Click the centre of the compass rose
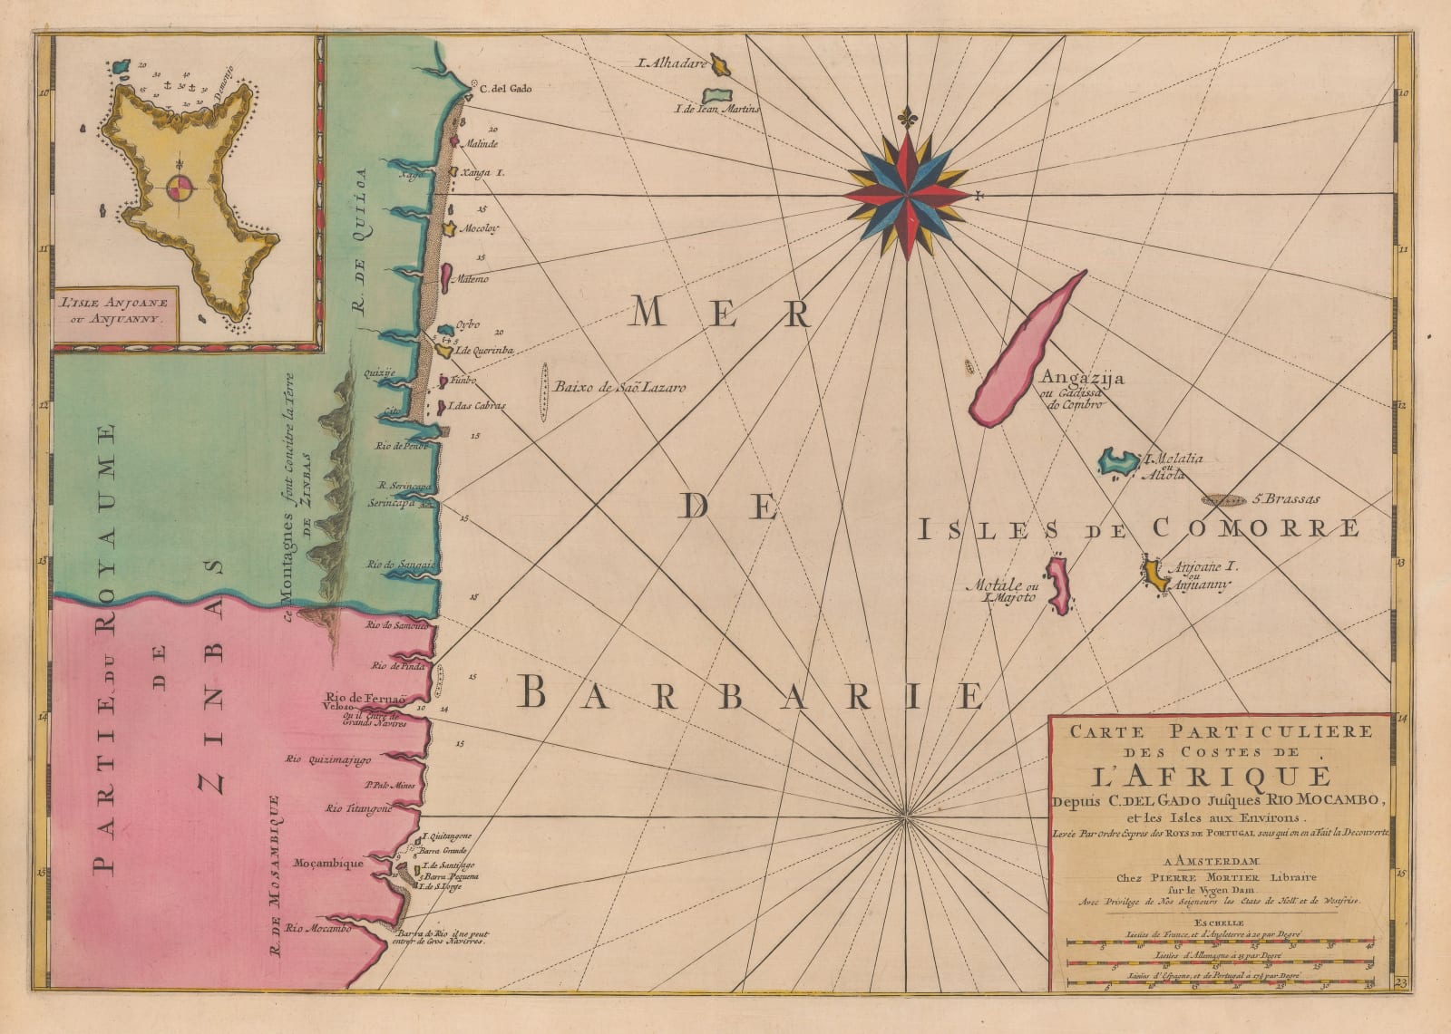tap(907, 192)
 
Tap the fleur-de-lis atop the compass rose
tap(906, 118)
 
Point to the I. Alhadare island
tap(722, 64)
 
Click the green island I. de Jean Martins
tap(717, 95)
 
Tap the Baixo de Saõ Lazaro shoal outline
tap(545, 392)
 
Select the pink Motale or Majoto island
tap(1057, 585)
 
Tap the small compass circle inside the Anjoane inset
tap(179, 189)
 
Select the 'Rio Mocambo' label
tap(317, 928)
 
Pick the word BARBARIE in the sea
tap(753, 695)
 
